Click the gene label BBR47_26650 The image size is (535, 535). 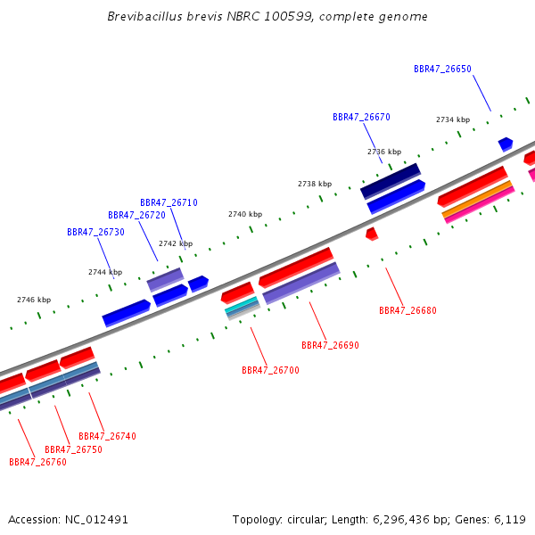[x=442, y=69]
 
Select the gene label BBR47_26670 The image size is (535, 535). [x=361, y=117]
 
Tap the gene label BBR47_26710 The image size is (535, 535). [x=169, y=202]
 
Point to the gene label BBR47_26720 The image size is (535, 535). [x=136, y=215]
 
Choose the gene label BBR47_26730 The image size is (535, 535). [x=96, y=232]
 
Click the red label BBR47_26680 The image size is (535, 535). [x=407, y=310]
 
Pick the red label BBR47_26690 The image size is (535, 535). [x=330, y=345]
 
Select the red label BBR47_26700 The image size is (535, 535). [x=270, y=370]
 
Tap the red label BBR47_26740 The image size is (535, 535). [x=108, y=436]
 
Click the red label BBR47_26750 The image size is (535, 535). [x=74, y=449]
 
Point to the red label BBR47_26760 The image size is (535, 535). [x=37, y=462]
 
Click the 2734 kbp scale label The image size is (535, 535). [x=453, y=119]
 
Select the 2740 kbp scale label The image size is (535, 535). [x=245, y=214]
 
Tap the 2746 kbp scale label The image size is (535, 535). [x=34, y=300]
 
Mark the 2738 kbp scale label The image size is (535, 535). [x=315, y=184]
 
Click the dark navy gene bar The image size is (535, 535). [x=391, y=181]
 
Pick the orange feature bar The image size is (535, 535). [x=477, y=200]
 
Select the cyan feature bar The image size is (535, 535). [x=242, y=305]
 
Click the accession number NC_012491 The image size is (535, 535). [x=96, y=520]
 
